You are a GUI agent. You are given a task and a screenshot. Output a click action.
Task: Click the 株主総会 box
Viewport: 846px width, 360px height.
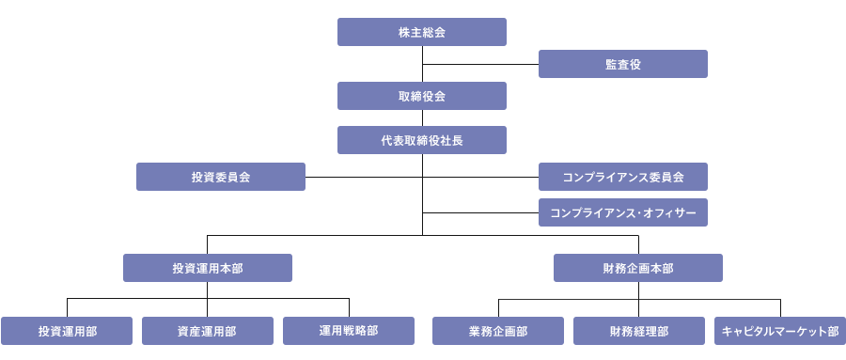click(x=422, y=32)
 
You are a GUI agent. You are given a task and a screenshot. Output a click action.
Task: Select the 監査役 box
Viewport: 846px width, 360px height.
click(x=622, y=64)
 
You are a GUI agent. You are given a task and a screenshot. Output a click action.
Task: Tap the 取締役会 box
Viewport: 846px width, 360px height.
click(x=422, y=96)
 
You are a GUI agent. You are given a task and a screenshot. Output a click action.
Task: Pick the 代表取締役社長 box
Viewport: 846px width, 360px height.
click(x=422, y=140)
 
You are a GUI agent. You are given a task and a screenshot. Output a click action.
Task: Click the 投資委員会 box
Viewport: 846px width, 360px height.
click(x=221, y=177)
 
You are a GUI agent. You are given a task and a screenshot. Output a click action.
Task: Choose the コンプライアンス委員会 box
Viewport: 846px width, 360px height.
click(x=622, y=177)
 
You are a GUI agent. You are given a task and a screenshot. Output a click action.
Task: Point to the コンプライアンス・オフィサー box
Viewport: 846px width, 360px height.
click(x=622, y=212)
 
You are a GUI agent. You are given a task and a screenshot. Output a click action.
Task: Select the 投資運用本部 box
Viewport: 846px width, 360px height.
click(x=208, y=268)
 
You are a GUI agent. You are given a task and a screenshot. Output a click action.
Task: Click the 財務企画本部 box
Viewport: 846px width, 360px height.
click(x=638, y=268)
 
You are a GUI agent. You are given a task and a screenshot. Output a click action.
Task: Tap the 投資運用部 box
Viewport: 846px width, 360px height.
click(x=67, y=331)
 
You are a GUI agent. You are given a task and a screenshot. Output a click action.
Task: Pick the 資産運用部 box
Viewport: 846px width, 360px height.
click(x=208, y=331)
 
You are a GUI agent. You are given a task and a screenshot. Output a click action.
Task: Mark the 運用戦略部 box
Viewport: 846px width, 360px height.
click(x=349, y=331)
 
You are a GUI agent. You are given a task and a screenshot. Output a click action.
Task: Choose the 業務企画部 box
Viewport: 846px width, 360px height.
click(x=498, y=331)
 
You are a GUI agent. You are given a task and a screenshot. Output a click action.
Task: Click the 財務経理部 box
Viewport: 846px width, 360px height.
click(x=638, y=331)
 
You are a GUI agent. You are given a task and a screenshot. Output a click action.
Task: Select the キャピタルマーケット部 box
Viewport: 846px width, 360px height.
click(x=780, y=331)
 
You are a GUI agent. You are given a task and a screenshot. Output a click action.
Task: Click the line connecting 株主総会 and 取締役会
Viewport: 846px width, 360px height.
click(x=422, y=55)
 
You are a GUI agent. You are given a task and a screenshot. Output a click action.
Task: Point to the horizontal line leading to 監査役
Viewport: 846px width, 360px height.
click(x=479, y=64)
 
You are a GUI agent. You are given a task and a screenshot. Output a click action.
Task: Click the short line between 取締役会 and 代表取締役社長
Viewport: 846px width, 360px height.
click(x=422, y=117)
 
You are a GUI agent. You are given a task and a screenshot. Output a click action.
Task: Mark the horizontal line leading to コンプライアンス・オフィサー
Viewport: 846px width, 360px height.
click(x=479, y=212)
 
